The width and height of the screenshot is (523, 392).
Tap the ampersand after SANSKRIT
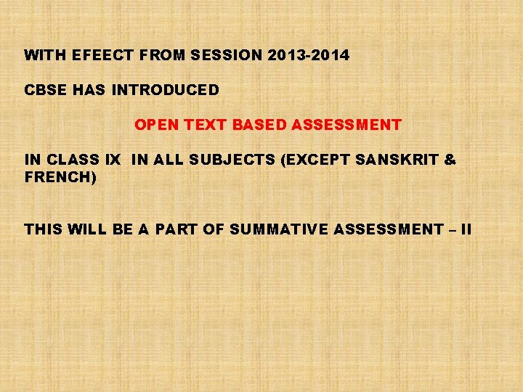click(x=450, y=160)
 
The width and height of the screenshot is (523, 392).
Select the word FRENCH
click(x=59, y=176)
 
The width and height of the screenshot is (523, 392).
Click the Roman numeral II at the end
click(x=466, y=229)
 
